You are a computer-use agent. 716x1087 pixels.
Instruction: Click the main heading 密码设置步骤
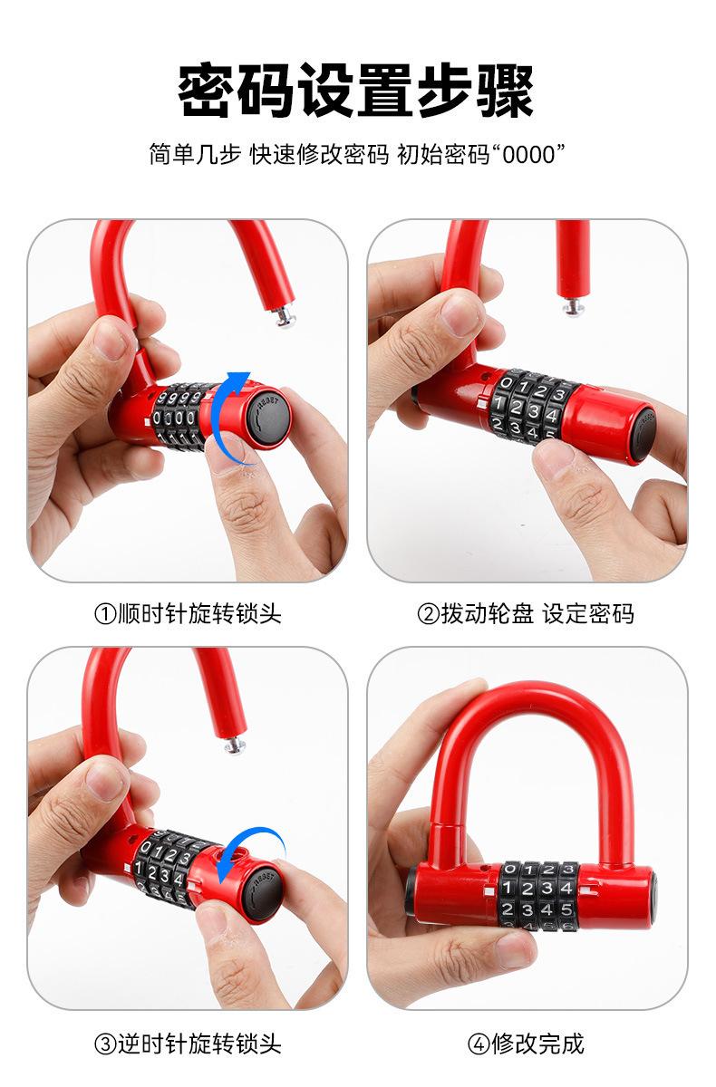point(357,91)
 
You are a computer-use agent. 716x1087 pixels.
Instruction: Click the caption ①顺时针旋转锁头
point(188,614)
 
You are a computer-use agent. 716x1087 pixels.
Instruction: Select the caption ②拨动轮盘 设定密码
point(526,614)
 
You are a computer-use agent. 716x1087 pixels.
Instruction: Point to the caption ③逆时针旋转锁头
point(188,1043)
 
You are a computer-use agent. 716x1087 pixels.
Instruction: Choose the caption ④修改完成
point(526,1043)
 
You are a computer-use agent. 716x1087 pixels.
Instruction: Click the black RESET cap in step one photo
point(268,418)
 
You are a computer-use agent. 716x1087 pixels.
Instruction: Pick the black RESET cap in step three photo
point(263,890)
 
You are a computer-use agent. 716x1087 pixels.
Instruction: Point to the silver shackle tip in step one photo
point(285,316)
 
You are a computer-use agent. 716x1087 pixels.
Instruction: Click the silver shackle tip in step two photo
point(573,307)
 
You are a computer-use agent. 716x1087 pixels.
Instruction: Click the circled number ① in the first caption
point(105,614)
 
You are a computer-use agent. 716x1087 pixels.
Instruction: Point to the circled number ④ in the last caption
point(479,1043)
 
